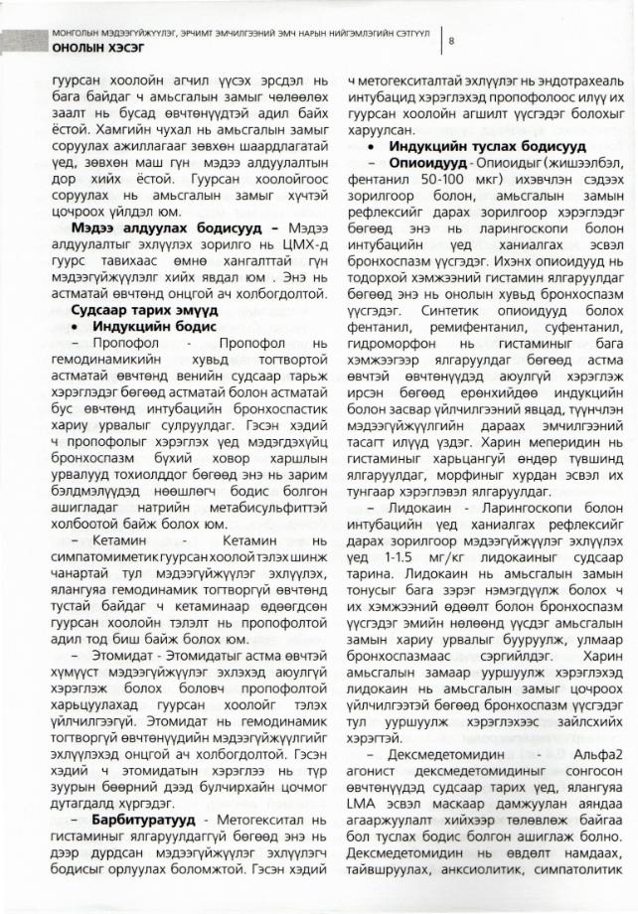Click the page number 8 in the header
(452, 41)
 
